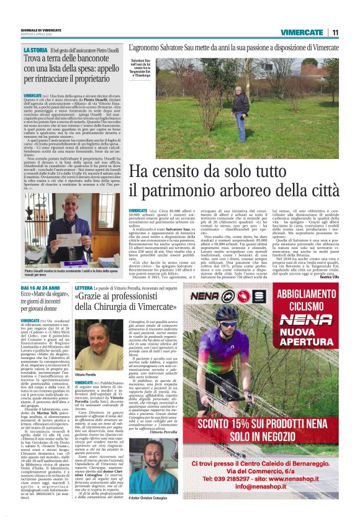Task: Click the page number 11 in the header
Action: click(x=335, y=32)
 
